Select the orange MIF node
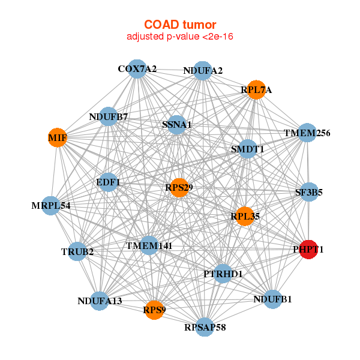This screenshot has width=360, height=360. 57,138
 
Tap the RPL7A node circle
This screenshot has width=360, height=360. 256,90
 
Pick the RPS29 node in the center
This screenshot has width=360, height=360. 179,188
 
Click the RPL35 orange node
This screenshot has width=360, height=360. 245,216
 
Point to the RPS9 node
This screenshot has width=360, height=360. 155,310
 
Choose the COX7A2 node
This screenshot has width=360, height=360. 137,69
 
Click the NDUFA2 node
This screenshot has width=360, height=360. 203,71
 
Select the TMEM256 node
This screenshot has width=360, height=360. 307,133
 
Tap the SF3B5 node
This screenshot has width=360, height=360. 309,193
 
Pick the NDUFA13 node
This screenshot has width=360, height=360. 100,301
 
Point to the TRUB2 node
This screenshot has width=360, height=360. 77,251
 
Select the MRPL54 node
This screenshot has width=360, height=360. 51,206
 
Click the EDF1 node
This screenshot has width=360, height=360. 108,181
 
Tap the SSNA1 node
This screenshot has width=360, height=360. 176,125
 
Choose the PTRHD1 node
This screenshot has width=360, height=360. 223,274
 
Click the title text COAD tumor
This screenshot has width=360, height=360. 179,25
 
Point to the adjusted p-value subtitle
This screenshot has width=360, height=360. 179,37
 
